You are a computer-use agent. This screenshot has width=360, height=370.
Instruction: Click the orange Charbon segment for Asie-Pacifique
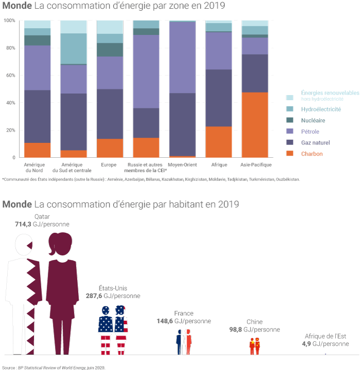pos(255,125)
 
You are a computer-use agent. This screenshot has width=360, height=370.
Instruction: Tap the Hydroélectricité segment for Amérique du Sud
pos(74,49)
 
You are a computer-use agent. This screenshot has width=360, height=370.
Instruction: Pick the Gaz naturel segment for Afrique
pos(218,98)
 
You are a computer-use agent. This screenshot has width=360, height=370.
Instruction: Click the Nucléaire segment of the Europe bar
pos(110,49)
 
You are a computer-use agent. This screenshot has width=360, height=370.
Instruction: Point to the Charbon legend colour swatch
pos(290,154)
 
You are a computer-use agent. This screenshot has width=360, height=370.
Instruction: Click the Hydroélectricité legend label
pos(321,109)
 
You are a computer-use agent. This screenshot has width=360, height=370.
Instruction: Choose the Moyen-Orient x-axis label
pos(182,165)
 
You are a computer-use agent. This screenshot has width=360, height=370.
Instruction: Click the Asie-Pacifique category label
pos(256,165)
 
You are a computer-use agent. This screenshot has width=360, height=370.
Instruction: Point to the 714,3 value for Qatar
pos(25,225)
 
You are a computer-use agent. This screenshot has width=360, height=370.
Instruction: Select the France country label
pos(184,313)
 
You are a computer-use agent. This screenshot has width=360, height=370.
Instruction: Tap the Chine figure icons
pos(255,347)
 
